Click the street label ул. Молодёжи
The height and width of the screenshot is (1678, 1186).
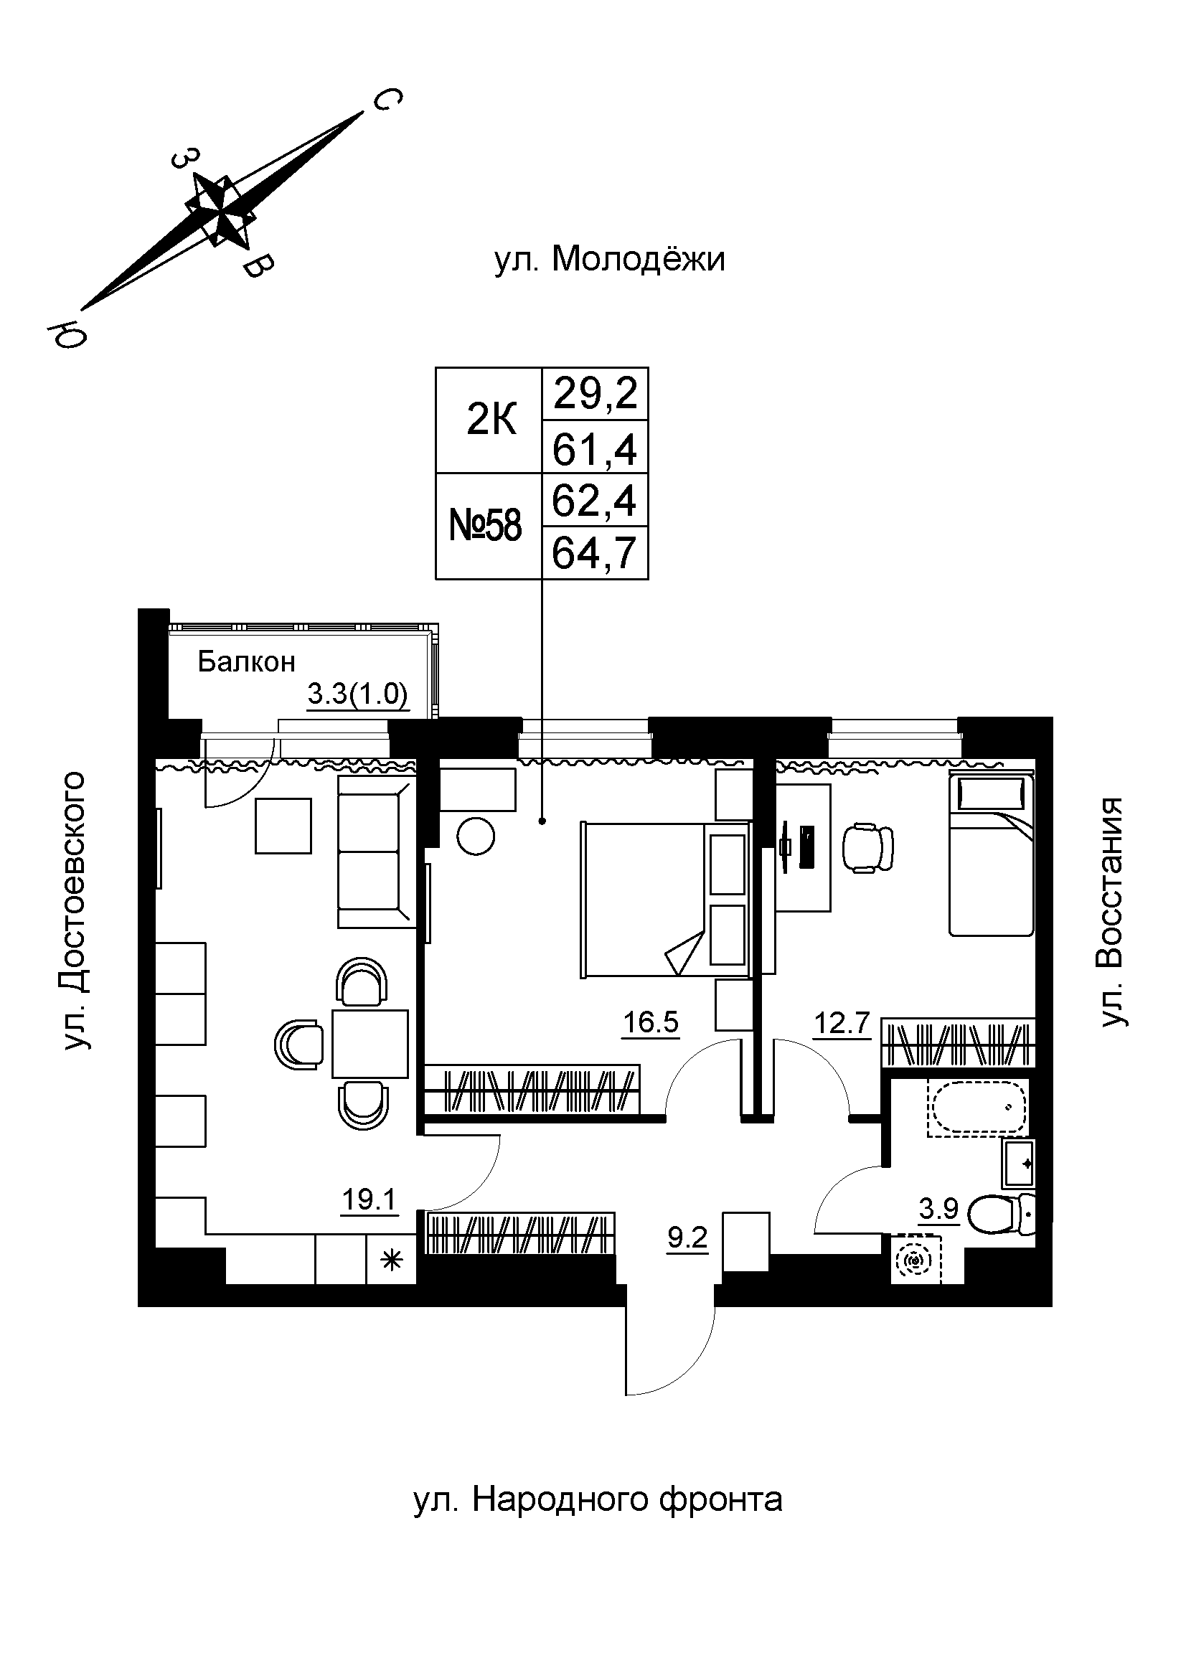[x=609, y=260]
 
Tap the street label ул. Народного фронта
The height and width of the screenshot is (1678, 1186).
[x=598, y=1499]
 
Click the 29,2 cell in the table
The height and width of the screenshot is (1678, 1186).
[x=595, y=394]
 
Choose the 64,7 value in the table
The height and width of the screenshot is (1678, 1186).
[x=595, y=552]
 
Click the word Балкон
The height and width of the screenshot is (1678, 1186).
[x=246, y=662]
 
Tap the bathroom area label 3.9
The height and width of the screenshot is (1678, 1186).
[x=938, y=1210]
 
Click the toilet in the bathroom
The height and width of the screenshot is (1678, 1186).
[x=1001, y=1215]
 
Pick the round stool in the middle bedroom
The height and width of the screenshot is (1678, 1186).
[x=476, y=834]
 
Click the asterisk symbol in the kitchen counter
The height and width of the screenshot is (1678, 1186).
[x=392, y=1260]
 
